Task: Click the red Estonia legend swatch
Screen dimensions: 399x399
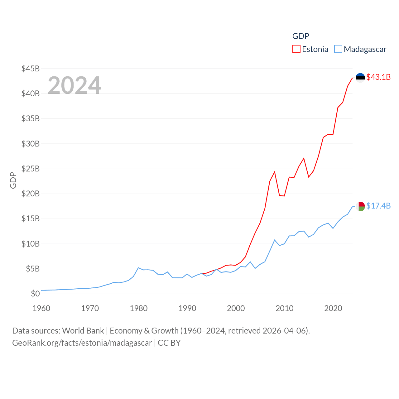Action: tap(296, 49)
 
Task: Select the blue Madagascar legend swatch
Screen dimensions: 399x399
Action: tap(338, 49)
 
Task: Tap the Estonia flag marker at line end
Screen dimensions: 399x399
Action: tap(360, 77)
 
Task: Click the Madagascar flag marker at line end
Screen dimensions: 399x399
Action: tap(360, 206)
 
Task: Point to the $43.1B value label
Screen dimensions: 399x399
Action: tap(378, 77)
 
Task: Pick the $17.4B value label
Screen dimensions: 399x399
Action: tap(378, 206)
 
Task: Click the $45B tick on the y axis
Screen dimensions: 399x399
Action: tap(31, 69)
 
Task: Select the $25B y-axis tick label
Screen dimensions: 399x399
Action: tap(31, 169)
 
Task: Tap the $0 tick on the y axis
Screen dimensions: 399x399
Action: tap(35, 294)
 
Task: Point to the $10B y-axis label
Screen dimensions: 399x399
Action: tap(31, 244)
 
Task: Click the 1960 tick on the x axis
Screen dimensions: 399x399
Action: tap(41, 308)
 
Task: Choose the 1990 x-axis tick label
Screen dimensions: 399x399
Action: tap(187, 308)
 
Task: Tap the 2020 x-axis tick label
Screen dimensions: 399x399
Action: tap(333, 308)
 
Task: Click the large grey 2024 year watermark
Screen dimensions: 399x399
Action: tap(75, 85)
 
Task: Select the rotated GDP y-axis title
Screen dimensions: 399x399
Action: tap(13, 180)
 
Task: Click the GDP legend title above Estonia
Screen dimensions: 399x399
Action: tap(300, 36)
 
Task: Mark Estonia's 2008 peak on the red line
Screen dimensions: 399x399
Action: tap(275, 172)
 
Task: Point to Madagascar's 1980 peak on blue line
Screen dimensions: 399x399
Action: tap(138, 268)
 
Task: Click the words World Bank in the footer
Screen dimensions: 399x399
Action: tap(83, 330)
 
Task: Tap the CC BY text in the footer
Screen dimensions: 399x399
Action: tap(169, 343)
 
